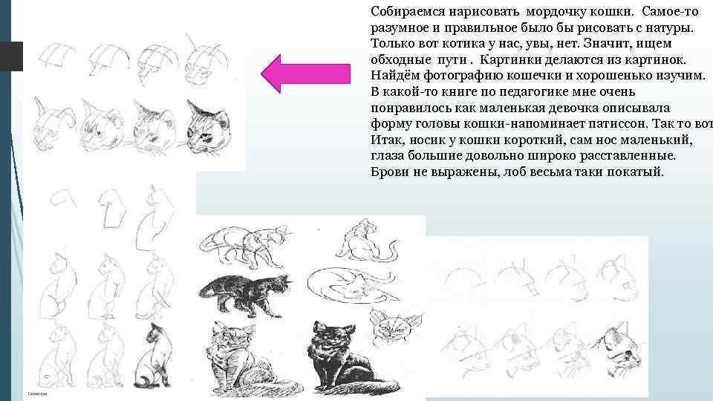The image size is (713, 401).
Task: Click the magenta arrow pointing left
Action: [305, 74]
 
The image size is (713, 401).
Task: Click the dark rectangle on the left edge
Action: [11, 56]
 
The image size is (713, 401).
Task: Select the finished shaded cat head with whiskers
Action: [208, 127]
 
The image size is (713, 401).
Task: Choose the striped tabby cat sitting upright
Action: [246, 359]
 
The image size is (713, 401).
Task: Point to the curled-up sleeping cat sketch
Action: [352, 284]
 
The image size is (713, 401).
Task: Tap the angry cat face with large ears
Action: [394, 327]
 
